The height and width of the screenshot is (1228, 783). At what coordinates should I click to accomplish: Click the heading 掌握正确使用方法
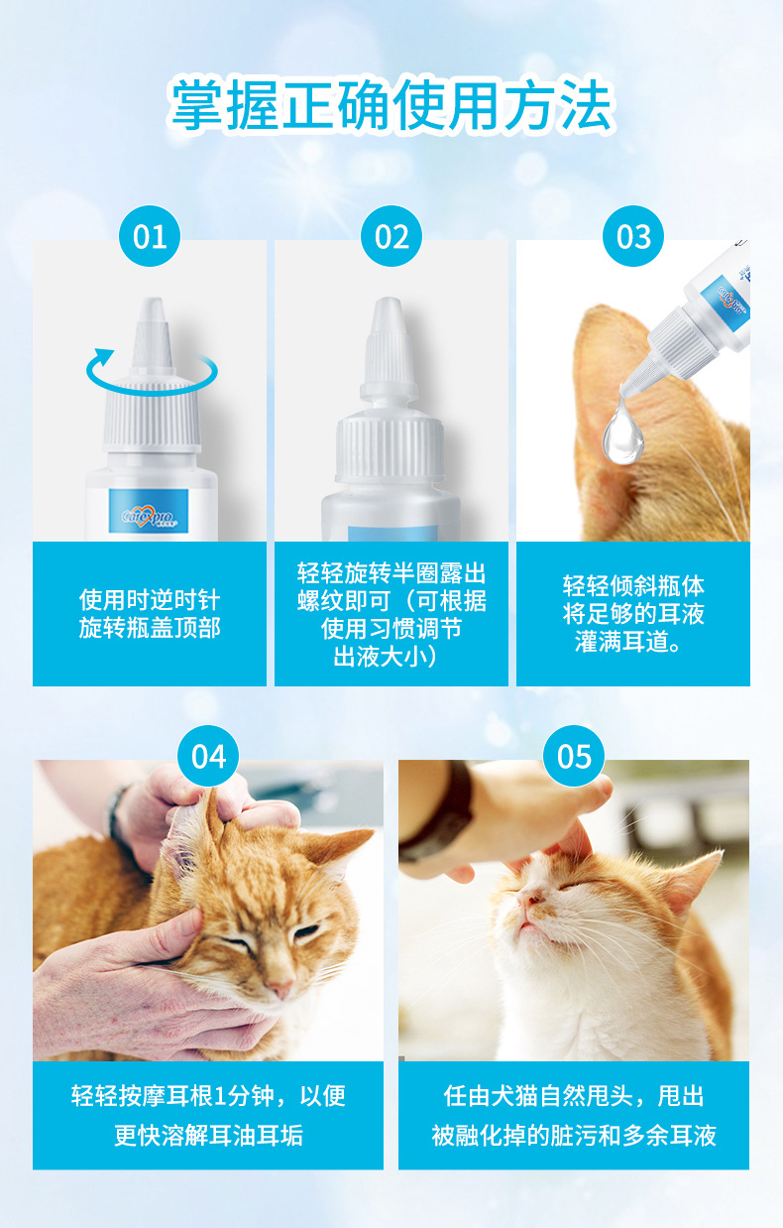tap(391, 105)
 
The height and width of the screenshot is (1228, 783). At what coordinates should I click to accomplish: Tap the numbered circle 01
tap(149, 236)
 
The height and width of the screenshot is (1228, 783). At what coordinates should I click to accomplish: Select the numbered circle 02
tap(391, 236)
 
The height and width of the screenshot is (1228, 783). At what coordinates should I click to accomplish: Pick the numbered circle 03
tap(633, 236)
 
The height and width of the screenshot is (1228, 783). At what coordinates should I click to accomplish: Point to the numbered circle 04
tap(208, 756)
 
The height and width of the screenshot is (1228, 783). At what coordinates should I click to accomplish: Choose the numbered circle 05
tap(574, 756)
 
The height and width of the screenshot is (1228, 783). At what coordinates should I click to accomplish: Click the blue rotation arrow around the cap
tap(151, 384)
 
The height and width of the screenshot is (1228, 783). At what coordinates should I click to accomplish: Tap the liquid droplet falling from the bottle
tap(622, 430)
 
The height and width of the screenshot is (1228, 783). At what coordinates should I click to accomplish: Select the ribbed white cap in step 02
tap(390, 446)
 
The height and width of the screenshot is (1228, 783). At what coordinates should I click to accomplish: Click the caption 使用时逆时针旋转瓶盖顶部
tap(150, 613)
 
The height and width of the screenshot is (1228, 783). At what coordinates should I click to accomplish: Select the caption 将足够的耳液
tap(633, 613)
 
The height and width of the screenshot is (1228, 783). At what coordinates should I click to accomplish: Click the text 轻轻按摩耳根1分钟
tap(171, 1096)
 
